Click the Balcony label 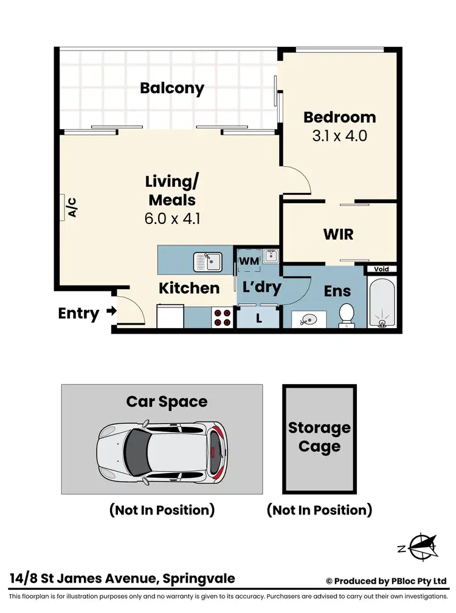tap(172, 88)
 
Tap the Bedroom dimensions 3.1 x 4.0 tap(339, 135)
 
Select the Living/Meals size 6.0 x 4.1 tap(172, 219)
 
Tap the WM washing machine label tap(249, 261)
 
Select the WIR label tap(339, 234)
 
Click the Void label tap(382, 269)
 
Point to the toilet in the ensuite tap(347, 314)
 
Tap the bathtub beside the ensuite tap(382, 303)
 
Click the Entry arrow tap(111, 312)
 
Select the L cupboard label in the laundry tap(259, 318)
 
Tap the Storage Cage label tap(319, 437)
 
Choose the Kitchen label tap(188, 288)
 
